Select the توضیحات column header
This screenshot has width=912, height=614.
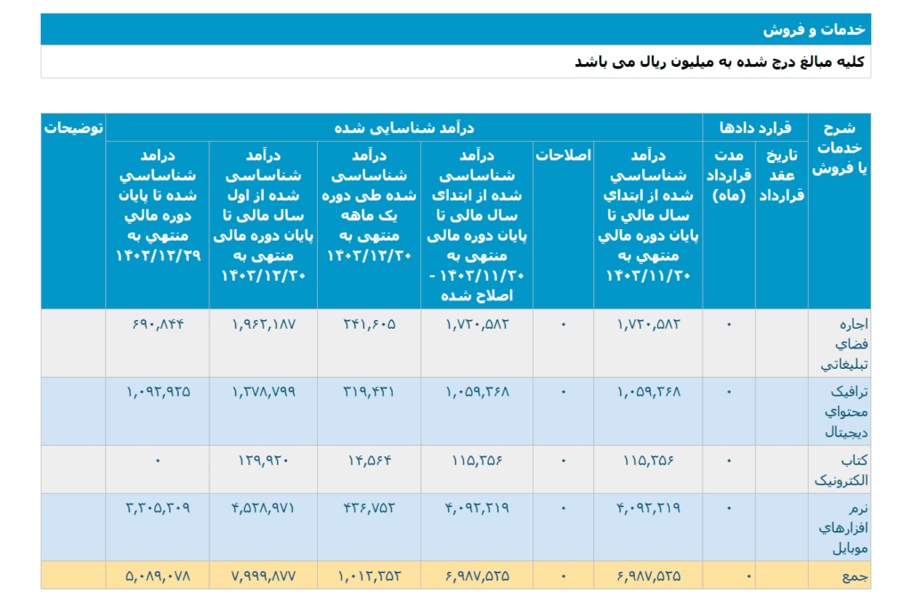click(73, 127)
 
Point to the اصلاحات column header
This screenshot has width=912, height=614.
click(563, 155)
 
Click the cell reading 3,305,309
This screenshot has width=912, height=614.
click(158, 508)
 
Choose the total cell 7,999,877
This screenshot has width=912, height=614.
click(263, 576)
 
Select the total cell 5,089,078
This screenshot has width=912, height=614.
click(158, 576)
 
